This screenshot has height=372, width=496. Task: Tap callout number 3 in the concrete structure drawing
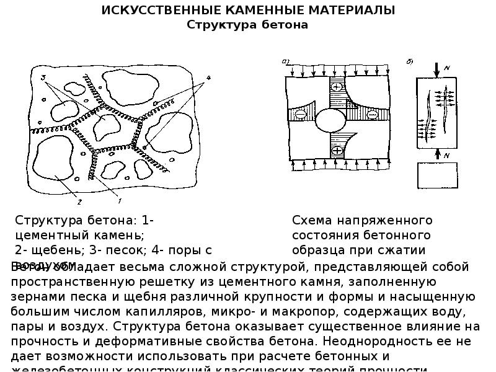pyautogui.click(x=44, y=77)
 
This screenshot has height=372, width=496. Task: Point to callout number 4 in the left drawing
pyautogui.click(x=208, y=77)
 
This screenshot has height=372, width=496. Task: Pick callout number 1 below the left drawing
pyautogui.click(x=119, y=201)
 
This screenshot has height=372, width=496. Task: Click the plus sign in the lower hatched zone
pyautogui.click(x=337, y=151)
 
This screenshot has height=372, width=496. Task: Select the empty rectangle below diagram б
pyautogui.click(x=438, y=175)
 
